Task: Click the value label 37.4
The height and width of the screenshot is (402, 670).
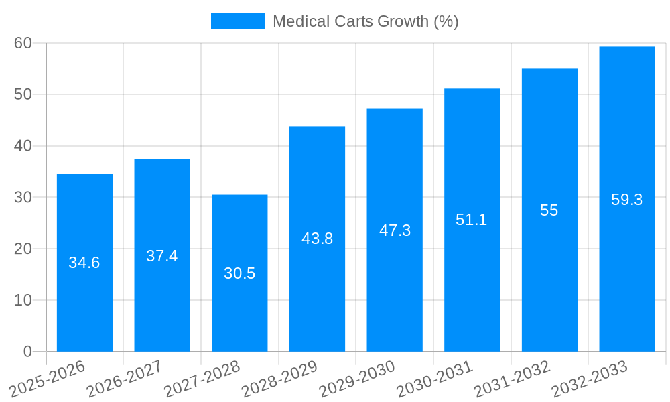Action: pos(162,256)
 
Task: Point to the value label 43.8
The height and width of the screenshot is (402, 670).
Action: pos(317,239)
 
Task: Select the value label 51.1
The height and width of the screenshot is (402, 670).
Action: pos(472,220)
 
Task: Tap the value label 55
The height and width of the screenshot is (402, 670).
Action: pos(549,210)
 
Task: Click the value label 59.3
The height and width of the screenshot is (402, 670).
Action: pos(627,200)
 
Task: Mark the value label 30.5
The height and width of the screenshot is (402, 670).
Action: pos(239,273)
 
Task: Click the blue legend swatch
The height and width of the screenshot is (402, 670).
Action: pos(238,21)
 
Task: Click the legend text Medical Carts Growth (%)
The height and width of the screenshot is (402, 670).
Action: pos(365,21)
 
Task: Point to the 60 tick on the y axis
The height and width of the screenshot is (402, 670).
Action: pos(23,43)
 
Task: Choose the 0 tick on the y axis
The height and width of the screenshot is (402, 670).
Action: pos(27,352)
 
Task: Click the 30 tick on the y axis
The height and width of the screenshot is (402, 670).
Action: pos(23,198)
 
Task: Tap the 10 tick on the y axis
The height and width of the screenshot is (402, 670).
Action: pos(23,300)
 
